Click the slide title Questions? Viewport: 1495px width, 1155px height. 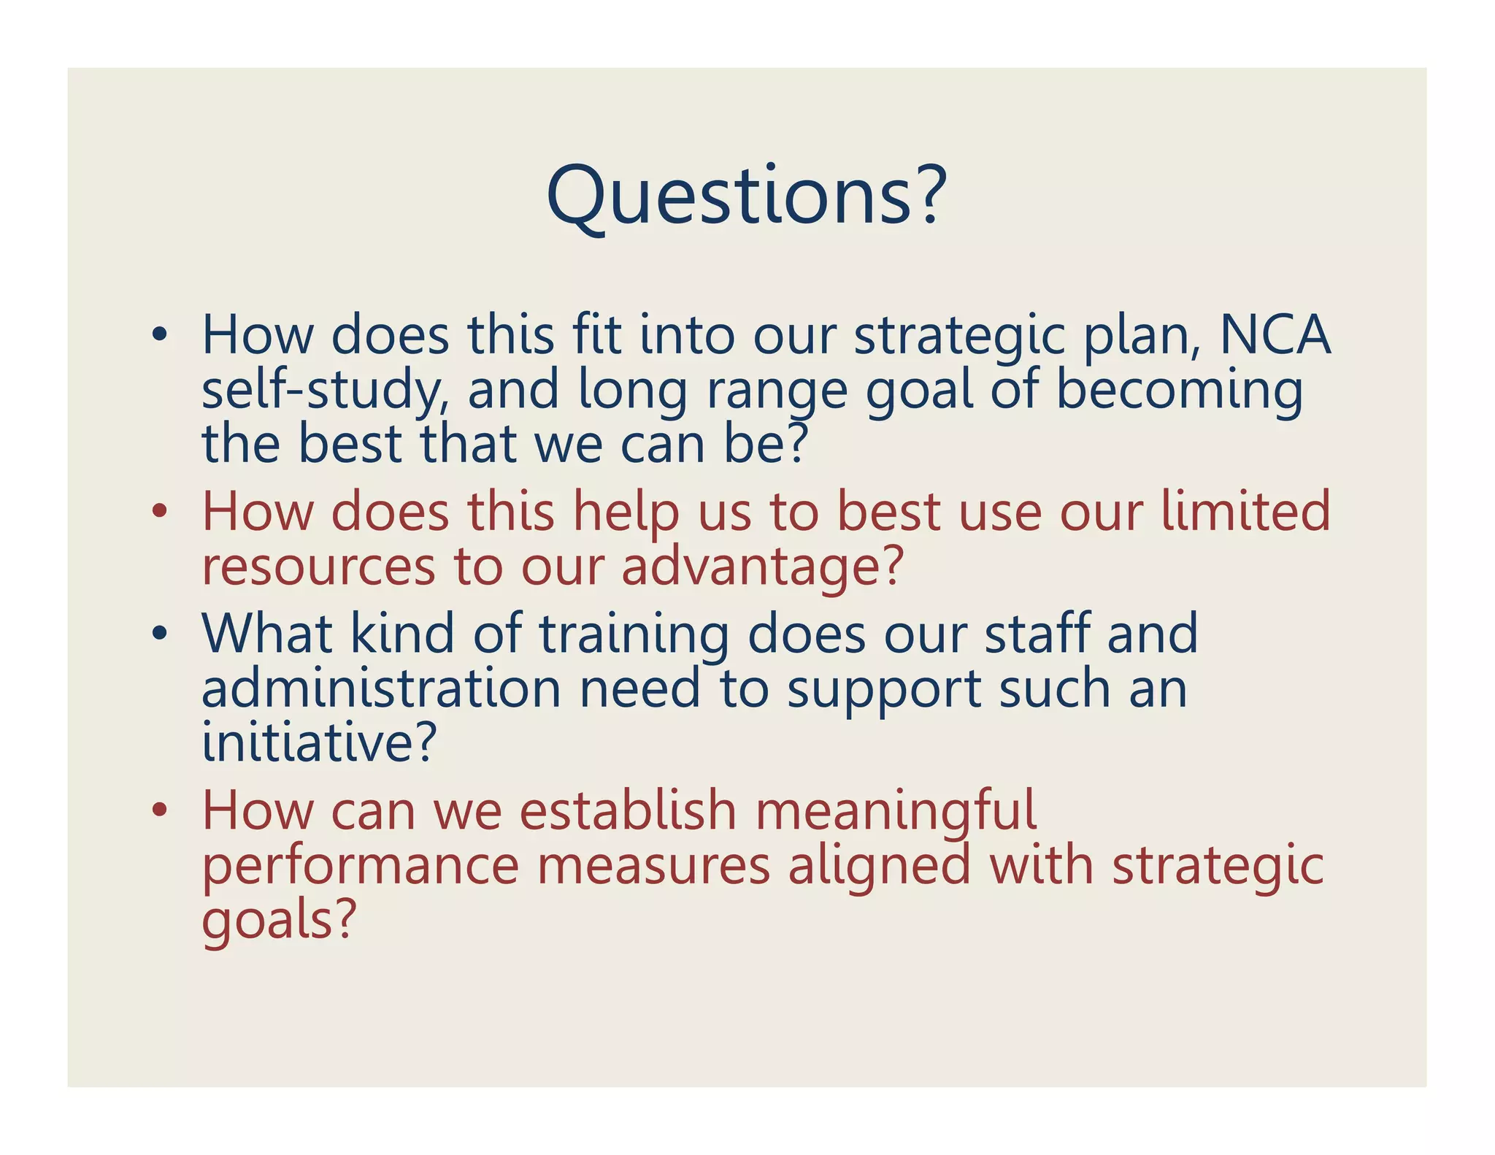[746, 195]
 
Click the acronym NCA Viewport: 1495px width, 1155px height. [1275, 335]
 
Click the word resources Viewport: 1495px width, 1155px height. [318, 567]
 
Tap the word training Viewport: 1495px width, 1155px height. [634, 634]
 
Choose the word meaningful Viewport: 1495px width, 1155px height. [896, 811]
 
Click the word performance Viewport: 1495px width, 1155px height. [360, 866]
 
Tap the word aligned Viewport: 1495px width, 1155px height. [879, 866]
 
